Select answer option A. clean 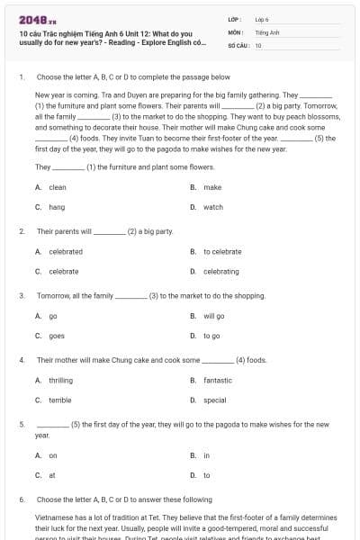[x=51, y=187]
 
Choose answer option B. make [x=206, y=187]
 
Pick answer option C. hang [x=50, y=207]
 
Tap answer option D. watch [x=207, y=207]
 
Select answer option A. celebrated [x=58, y=252]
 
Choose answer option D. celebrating [x=215, y=271]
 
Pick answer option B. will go [x=208, y=316]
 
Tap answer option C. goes [x=50, y=336]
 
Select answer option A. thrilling [x=54, y=381]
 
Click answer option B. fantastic [x=211, y=381]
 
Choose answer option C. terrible [x=53, y=400]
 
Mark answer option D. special [x=209, y=400]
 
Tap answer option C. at [x=46, y=474]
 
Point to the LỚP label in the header [x=234, y=19]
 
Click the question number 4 [x=21, y=360]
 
